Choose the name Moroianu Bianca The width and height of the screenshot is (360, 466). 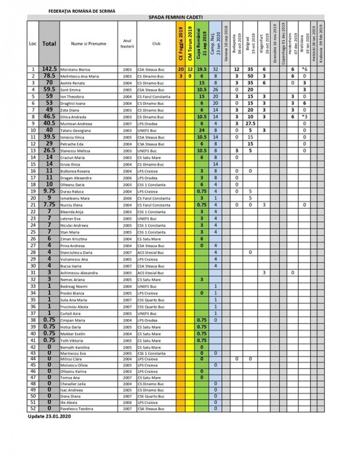77,69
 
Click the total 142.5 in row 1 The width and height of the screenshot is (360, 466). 49,69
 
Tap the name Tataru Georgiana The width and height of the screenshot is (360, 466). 77,130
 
